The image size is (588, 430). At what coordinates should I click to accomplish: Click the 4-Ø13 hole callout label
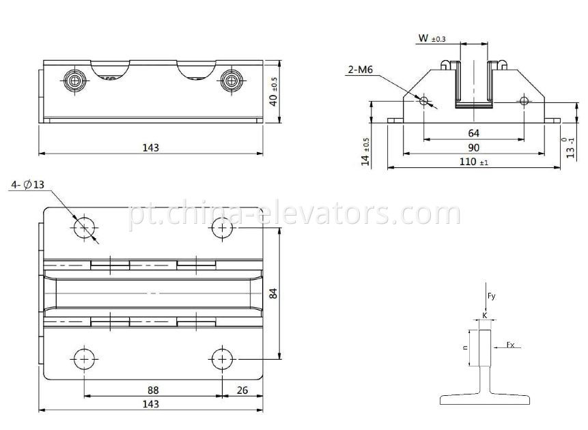27,185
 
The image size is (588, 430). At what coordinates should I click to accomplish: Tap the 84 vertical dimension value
272,293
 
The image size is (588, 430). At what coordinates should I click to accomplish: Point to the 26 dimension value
242,390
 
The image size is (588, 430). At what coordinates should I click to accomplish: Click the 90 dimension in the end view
473,147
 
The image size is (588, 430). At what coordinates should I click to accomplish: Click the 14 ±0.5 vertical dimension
366,152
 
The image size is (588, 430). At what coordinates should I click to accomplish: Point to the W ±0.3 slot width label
432,40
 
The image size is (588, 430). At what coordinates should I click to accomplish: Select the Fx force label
510,345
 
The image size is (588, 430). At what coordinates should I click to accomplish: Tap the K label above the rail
484,316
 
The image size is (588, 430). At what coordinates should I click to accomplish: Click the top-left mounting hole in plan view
85,227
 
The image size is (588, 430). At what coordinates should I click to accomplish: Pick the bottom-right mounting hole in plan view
221,358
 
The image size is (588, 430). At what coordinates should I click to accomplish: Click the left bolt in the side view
73,80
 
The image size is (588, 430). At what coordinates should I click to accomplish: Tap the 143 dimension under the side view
150,147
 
